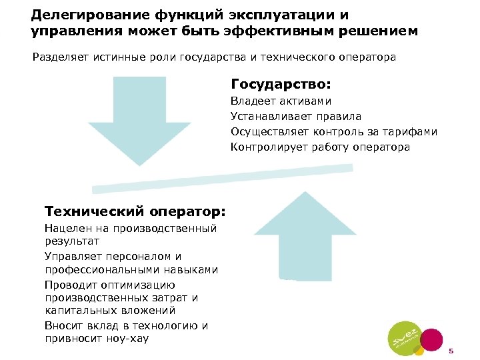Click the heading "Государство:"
(x=281, y=85)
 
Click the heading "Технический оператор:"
(x=135, y=211)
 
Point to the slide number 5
(x=451, y=351)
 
